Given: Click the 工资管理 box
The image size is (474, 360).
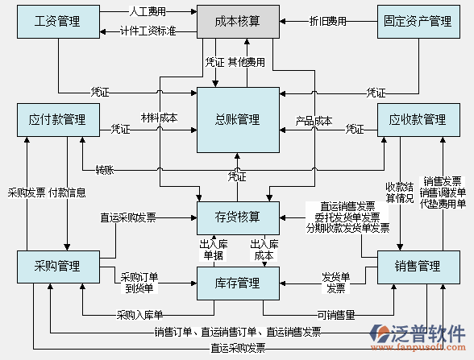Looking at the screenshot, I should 57,22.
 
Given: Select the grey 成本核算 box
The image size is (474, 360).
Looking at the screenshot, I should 238,22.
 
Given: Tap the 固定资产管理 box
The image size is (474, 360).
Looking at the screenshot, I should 418,22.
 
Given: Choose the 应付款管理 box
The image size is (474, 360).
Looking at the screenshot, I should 57,120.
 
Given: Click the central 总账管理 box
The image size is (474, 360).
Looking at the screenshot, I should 238,120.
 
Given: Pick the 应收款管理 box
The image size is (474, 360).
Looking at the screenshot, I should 418,120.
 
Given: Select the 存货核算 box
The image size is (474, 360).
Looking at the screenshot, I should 238,217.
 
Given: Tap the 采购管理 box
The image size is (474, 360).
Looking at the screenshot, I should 57,267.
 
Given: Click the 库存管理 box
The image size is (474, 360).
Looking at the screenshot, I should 238,283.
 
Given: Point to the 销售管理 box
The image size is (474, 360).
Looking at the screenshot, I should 418,267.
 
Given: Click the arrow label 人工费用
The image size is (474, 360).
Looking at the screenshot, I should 148,13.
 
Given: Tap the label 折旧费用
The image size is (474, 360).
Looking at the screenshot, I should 328,21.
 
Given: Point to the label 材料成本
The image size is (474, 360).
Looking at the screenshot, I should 159,118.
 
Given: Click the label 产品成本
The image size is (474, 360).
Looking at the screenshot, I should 314,122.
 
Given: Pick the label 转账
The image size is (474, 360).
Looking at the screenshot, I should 105,170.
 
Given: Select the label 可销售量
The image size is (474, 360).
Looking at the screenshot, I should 335,315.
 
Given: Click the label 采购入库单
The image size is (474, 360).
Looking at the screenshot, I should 139,315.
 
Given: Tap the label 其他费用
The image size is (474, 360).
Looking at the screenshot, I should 246,61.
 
